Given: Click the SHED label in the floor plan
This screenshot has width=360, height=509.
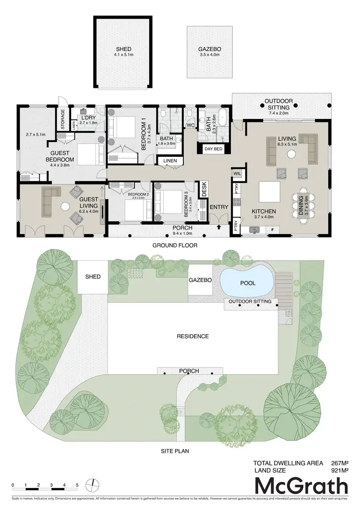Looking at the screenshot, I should tap(123, 49).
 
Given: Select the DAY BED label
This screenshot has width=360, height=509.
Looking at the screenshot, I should tap(214, 149).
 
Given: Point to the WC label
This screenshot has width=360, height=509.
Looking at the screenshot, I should tap(190, 125).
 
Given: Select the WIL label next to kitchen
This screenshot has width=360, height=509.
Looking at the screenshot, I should tap(237, 173).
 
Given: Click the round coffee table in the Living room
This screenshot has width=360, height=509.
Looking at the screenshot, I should tap(291, 154).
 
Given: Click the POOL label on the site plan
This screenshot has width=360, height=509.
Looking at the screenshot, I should tap(248, 283).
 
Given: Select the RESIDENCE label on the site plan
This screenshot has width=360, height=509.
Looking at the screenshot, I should tap(192, 336).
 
